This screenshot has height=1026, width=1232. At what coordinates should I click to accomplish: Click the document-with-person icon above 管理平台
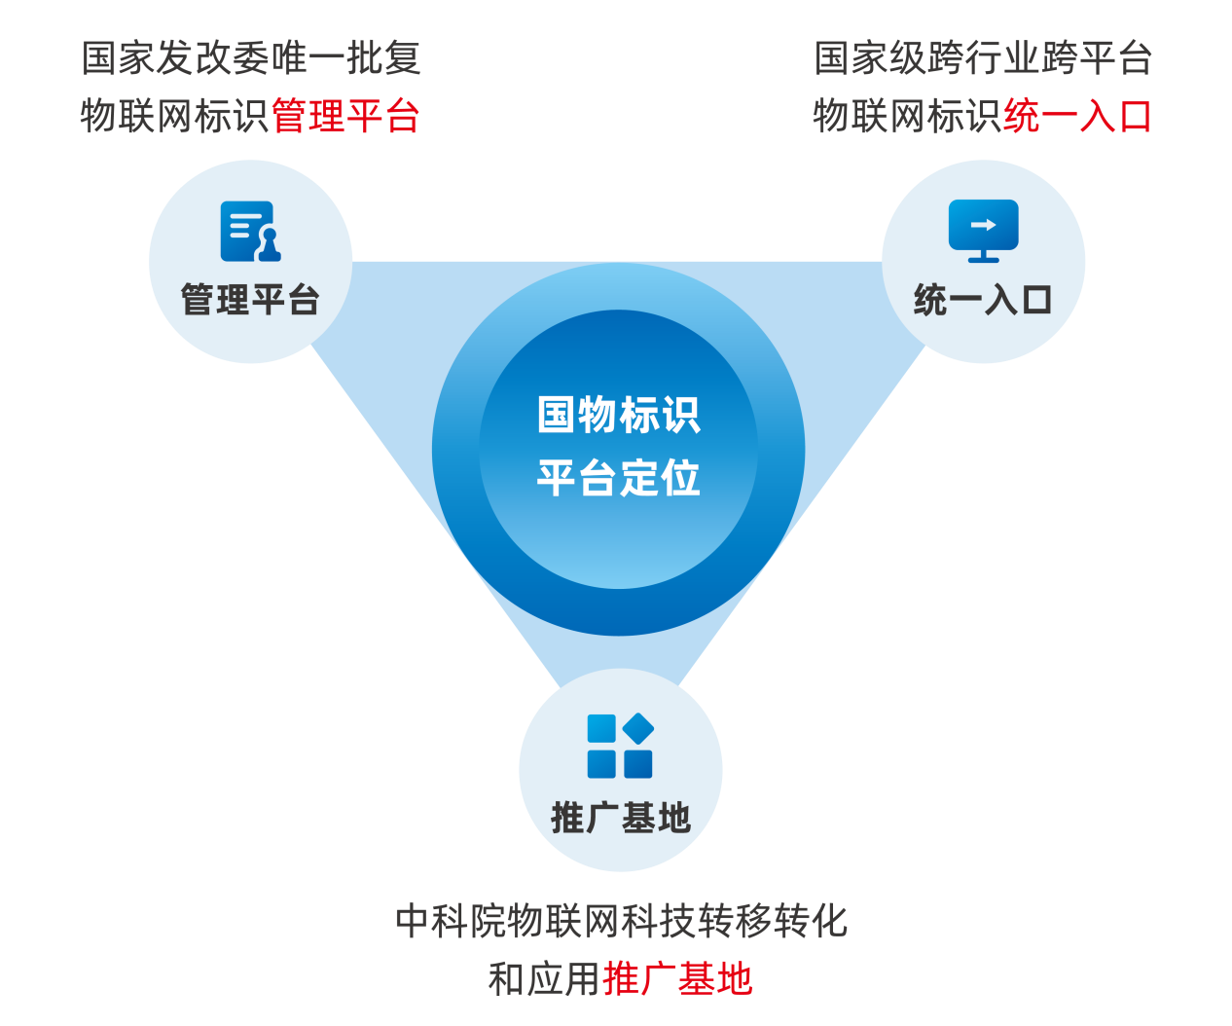point(250,232)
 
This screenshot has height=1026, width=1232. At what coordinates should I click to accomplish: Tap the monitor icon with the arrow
point(983,230)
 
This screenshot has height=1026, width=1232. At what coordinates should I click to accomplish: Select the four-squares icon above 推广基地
point(620,747)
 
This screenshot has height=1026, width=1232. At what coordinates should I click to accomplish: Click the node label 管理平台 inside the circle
point(250,300)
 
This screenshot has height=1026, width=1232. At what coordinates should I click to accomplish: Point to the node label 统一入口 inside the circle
point(983,300)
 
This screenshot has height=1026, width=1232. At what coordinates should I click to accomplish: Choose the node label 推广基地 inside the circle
point(621,818)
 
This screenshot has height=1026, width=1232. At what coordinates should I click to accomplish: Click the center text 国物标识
point(619,416)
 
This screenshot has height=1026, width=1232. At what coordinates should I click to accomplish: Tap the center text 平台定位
point(619,478)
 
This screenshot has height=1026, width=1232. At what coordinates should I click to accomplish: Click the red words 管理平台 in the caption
point(345,116)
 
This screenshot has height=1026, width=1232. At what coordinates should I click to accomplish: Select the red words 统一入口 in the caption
point(1078,116)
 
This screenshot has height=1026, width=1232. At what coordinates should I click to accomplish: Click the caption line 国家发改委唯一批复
point(251,58)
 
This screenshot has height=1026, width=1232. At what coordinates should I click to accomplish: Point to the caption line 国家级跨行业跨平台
point(983,58)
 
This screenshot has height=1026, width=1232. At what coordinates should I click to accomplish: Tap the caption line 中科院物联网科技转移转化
point(621,921)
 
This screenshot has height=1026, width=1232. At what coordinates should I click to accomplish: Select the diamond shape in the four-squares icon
point(638,728)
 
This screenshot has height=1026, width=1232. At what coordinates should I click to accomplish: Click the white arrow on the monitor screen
point(984,225)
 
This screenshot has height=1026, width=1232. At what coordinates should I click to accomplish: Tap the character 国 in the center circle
point(557,416)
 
